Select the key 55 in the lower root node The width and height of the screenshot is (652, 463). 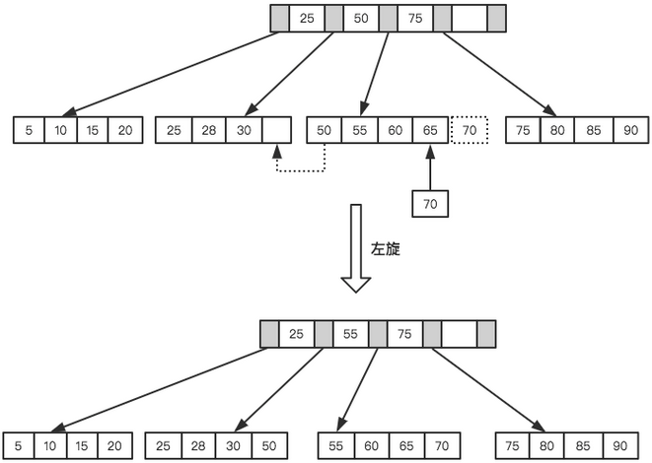click(350, 334)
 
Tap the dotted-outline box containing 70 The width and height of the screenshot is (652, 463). click(470, 129)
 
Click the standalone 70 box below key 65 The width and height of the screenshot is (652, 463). click(430, 203)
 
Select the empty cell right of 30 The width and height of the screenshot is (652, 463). click(277, 129)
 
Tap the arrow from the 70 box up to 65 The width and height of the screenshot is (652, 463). click(430, 167)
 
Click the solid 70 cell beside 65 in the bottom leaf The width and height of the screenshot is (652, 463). click(444, 445)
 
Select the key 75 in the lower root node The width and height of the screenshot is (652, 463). click(404, 334)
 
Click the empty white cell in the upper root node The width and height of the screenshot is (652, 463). click(469, 19)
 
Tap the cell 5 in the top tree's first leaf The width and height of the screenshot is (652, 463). click(29, 129)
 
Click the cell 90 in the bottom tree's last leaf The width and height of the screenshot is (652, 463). click(621, 445)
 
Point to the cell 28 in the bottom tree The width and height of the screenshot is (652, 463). click(199, 445)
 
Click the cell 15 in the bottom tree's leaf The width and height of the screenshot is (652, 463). click(84, 445)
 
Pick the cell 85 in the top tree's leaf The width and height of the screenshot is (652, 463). click(595, 129)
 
